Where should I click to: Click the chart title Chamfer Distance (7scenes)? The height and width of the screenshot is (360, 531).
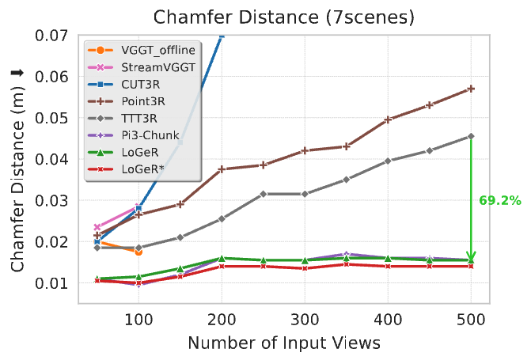pyautogui.click(x=283, y=17)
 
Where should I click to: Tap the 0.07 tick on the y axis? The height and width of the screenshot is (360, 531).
pyautogui.click(x=51, y=36)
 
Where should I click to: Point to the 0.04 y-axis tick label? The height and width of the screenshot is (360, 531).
pyautogui.click(x=51, y=159)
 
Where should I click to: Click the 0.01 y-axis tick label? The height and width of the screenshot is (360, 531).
pyautogui.click(x=51, y=282)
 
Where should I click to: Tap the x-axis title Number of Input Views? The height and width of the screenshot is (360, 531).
pyautogui.click(x=283, y=343)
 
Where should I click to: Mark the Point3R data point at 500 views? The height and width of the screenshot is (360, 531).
pyautogui.click(x=471, y=89)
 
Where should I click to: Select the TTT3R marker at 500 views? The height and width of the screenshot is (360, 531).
pyautogui.click(x=471, y=136)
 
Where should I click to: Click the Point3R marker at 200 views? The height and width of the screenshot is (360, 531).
pyautogui.click(x=222, y=169)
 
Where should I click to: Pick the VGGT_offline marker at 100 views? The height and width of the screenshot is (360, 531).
pyautogui.click(x=138, y=252)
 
